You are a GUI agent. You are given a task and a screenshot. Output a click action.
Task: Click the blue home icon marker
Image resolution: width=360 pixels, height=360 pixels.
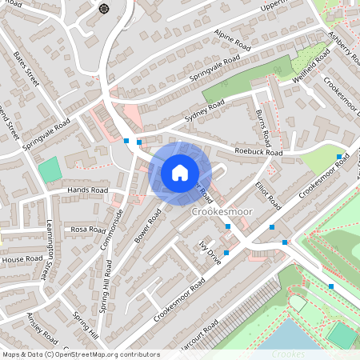180,173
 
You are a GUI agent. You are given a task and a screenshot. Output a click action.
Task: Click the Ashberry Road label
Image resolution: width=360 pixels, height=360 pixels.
343,49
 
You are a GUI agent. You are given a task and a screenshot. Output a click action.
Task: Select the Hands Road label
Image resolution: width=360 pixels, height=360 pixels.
88,190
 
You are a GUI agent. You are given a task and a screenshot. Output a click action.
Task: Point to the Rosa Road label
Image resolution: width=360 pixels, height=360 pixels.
90,230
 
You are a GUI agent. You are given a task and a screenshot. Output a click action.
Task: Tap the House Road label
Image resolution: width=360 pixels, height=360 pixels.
22,260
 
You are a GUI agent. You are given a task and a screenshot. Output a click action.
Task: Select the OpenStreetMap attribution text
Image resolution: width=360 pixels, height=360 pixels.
80,354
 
